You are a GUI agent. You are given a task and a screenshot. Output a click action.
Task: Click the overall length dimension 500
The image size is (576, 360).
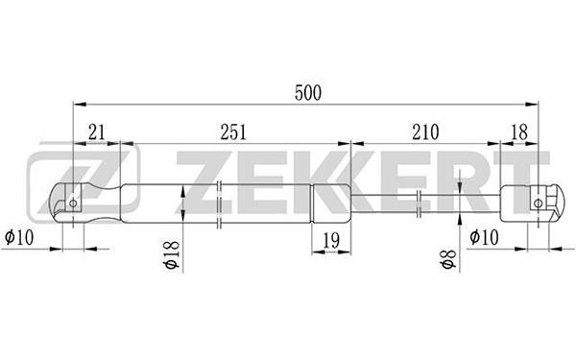tap(308, 93)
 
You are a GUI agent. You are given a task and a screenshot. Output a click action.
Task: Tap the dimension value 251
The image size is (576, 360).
tap(233, 132)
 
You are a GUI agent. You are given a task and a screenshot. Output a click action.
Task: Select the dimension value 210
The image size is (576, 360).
tap(425, 132)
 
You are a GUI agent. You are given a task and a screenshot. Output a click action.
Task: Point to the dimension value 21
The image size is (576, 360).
tap(97, 132)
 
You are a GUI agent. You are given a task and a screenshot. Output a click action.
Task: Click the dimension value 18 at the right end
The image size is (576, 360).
tap(519, 132)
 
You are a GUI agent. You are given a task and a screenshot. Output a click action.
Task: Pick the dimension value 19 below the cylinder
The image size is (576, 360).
tap(331, 241)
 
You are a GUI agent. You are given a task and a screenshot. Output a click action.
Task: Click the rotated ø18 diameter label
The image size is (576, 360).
tap(172, 255)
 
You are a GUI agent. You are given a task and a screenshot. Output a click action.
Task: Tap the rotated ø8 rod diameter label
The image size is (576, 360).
tap(448, 259)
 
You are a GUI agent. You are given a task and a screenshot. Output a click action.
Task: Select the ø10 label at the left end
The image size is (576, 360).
tap(19, 237)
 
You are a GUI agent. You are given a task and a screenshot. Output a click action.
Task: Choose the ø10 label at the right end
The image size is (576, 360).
tap(484, 237)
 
